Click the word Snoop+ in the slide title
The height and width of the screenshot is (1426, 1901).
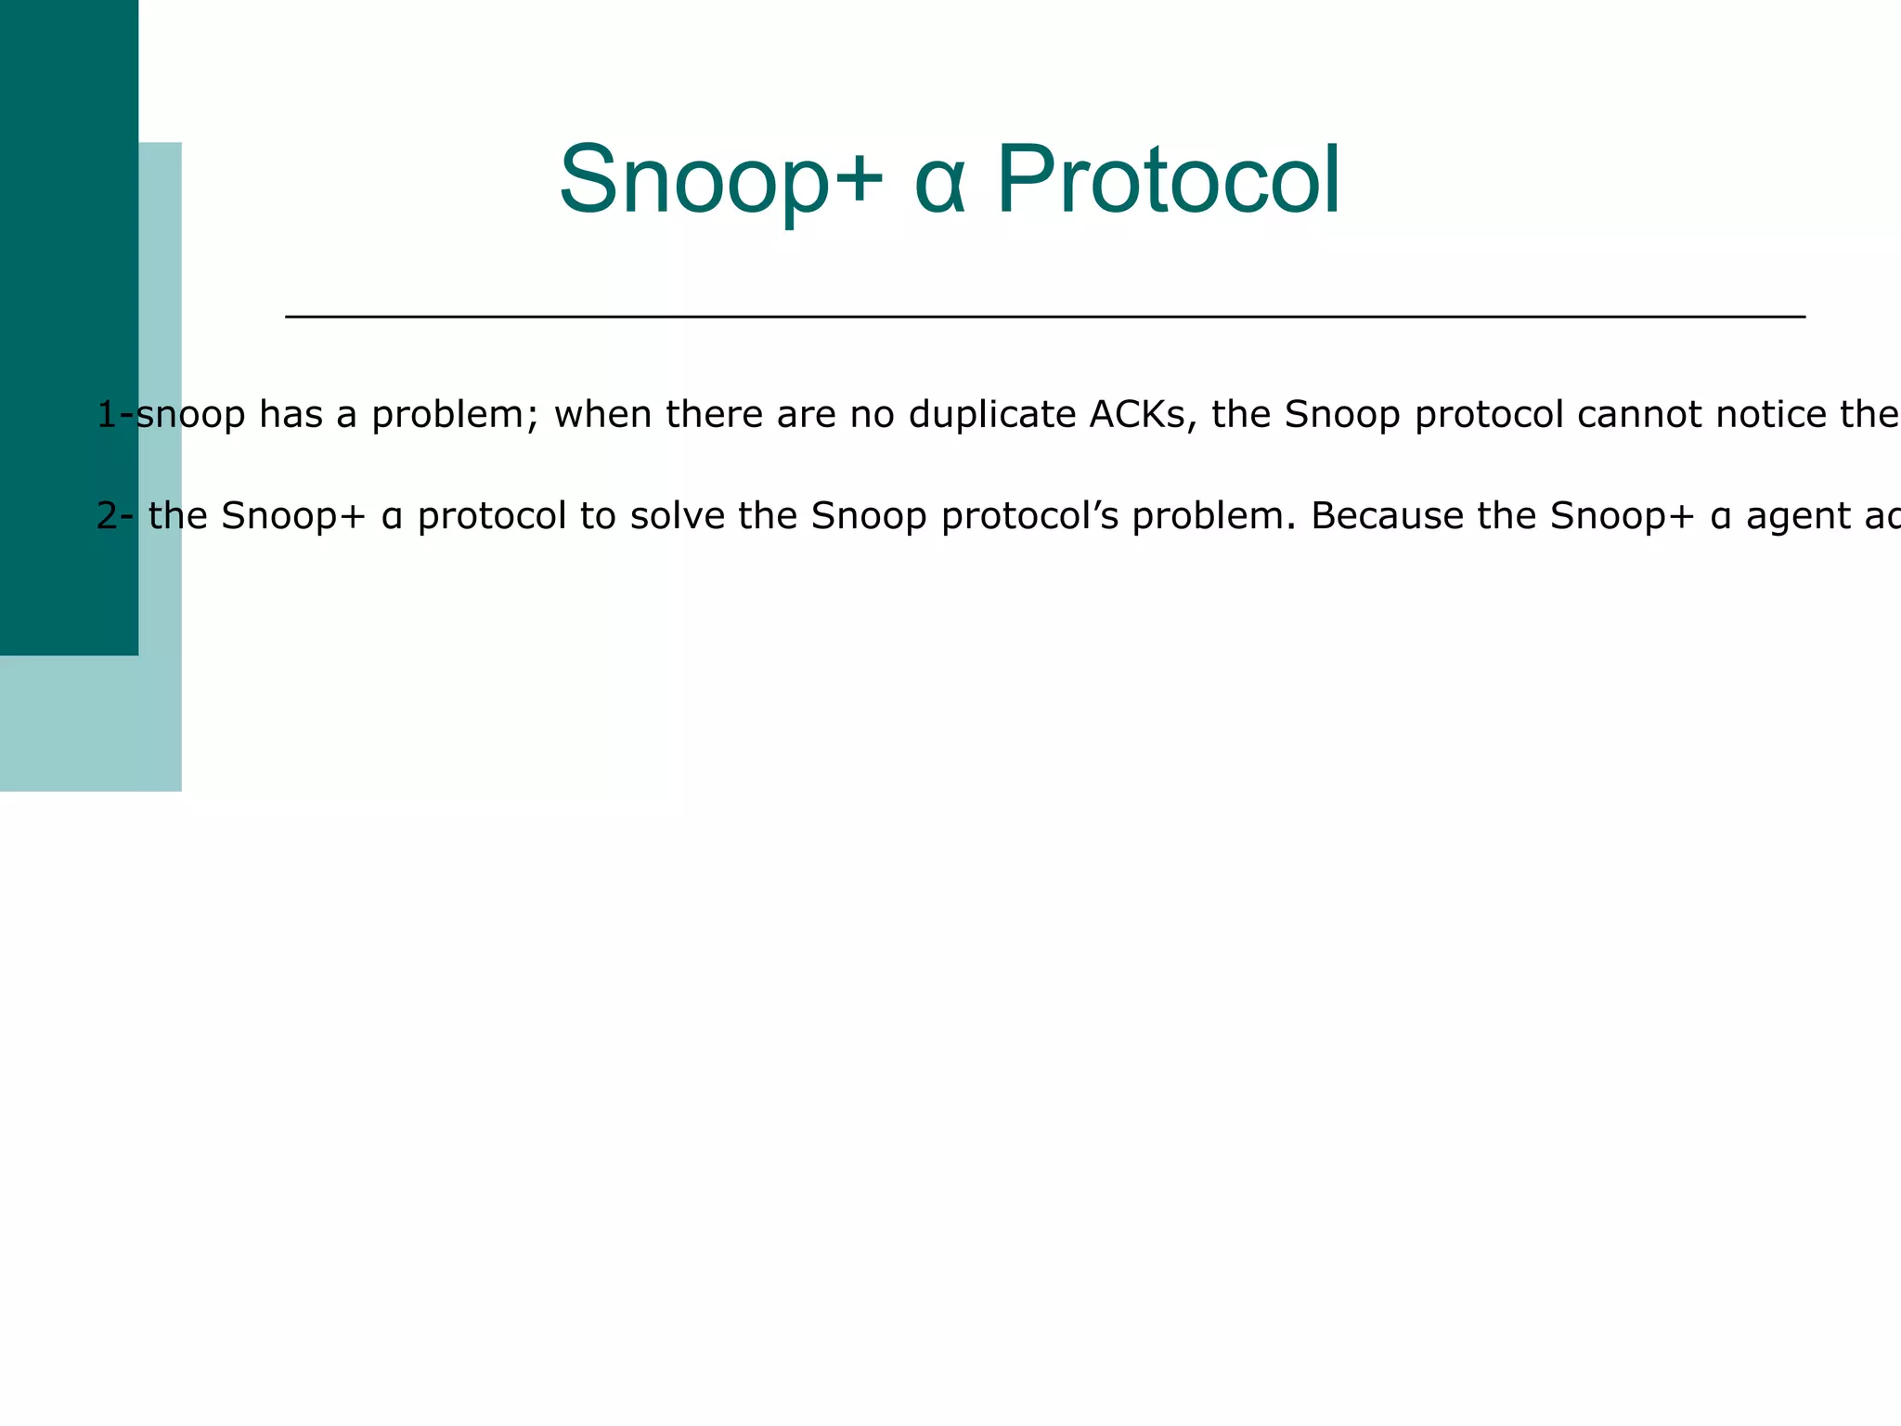tap(720, 180)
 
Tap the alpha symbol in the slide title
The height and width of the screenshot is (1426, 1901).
tap(939, 180)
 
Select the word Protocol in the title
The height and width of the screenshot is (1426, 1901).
tap(1168, 180)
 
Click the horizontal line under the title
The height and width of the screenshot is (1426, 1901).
tap(1044, 318)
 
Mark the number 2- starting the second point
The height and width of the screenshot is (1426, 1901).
tap(115, 516)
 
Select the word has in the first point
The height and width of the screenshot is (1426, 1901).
tap(291, 414)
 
